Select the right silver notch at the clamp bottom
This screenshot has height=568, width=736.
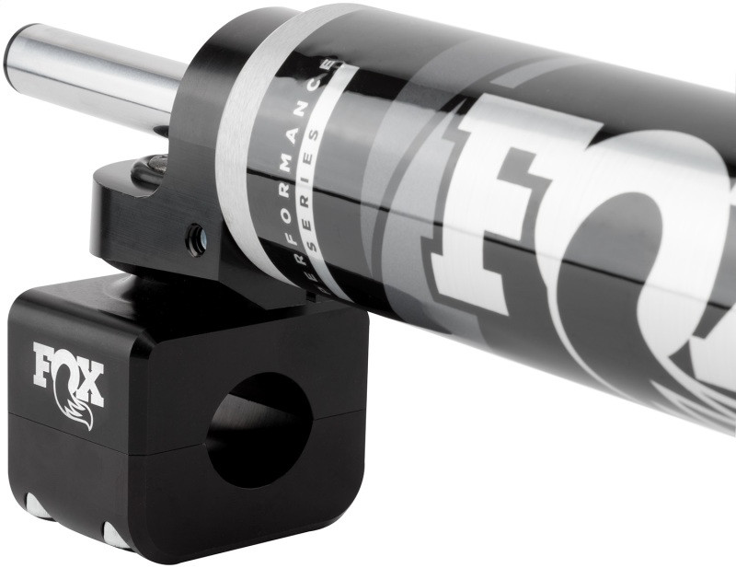click(x=116, y=533)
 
